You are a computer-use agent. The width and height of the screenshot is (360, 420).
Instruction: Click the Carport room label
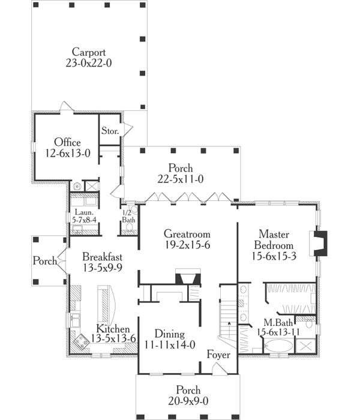[x=89, y=52]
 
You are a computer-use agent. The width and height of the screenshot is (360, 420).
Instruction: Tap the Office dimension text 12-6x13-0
[x=68, y=153]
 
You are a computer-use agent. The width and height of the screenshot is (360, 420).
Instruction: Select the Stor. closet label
[x=110, y=131]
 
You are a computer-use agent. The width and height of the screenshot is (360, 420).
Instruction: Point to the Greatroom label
[x=187, y=234]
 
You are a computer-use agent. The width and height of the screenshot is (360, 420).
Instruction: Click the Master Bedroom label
[x=274, y=240]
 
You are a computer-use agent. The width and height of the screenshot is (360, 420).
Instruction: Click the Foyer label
[x=218, y=355]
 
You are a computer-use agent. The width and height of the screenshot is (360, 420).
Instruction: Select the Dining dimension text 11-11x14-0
[x=170, y=345]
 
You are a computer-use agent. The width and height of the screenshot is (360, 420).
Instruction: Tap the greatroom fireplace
[x=188, y=276]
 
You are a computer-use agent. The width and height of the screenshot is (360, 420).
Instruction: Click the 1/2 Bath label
[x=128, y=217]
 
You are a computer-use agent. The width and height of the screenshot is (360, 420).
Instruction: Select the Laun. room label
[x=84, y=212]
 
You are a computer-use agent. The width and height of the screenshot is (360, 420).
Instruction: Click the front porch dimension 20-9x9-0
[x=188, y=401]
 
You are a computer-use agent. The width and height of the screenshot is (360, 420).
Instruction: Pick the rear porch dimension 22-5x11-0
[x=180, y=179]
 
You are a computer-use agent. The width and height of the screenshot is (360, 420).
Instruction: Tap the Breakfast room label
[x=103, y=257]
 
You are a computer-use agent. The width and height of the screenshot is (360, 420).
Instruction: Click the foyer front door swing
[x=220, y=368]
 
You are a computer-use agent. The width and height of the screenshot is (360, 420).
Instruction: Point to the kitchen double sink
[x=75, y=320]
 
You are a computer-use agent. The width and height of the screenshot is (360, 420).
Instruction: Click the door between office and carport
[x=66, y=106]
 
